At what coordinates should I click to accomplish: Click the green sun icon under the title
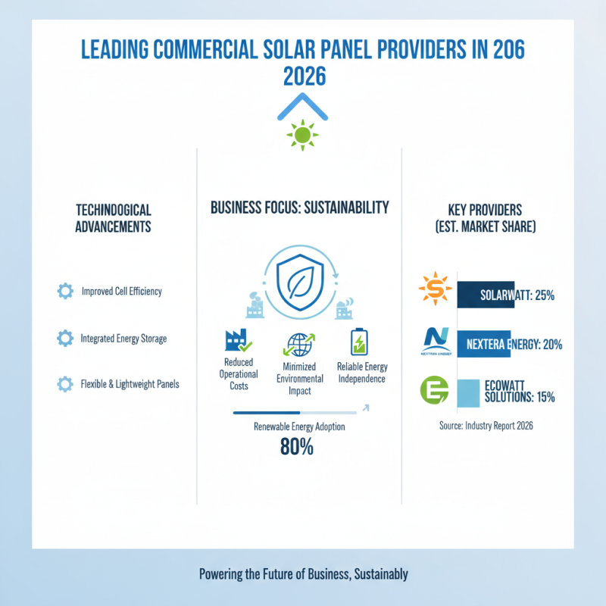point(302,135)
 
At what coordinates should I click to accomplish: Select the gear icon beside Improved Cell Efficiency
point(65,291)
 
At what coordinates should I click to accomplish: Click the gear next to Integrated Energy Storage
point(65,339)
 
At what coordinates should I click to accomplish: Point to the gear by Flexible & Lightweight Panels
point(65,384)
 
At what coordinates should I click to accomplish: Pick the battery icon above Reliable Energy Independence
point(357,342)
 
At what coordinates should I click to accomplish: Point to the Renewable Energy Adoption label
point(299,427)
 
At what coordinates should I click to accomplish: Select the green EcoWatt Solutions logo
point(433,392)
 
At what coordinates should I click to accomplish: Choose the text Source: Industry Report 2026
point(486,426)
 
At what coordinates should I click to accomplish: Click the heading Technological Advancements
point(114,217)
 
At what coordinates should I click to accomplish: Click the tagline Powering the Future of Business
point(303,574)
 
